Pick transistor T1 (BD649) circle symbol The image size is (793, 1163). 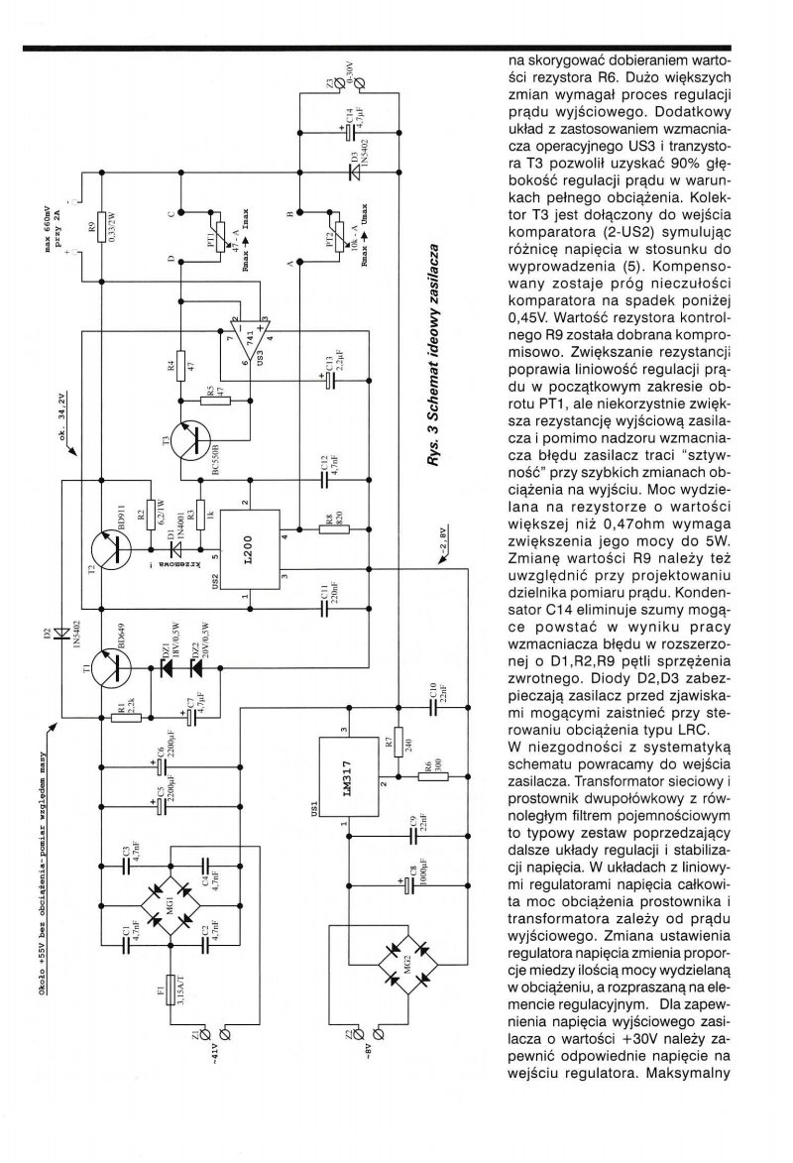[105, 673]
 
